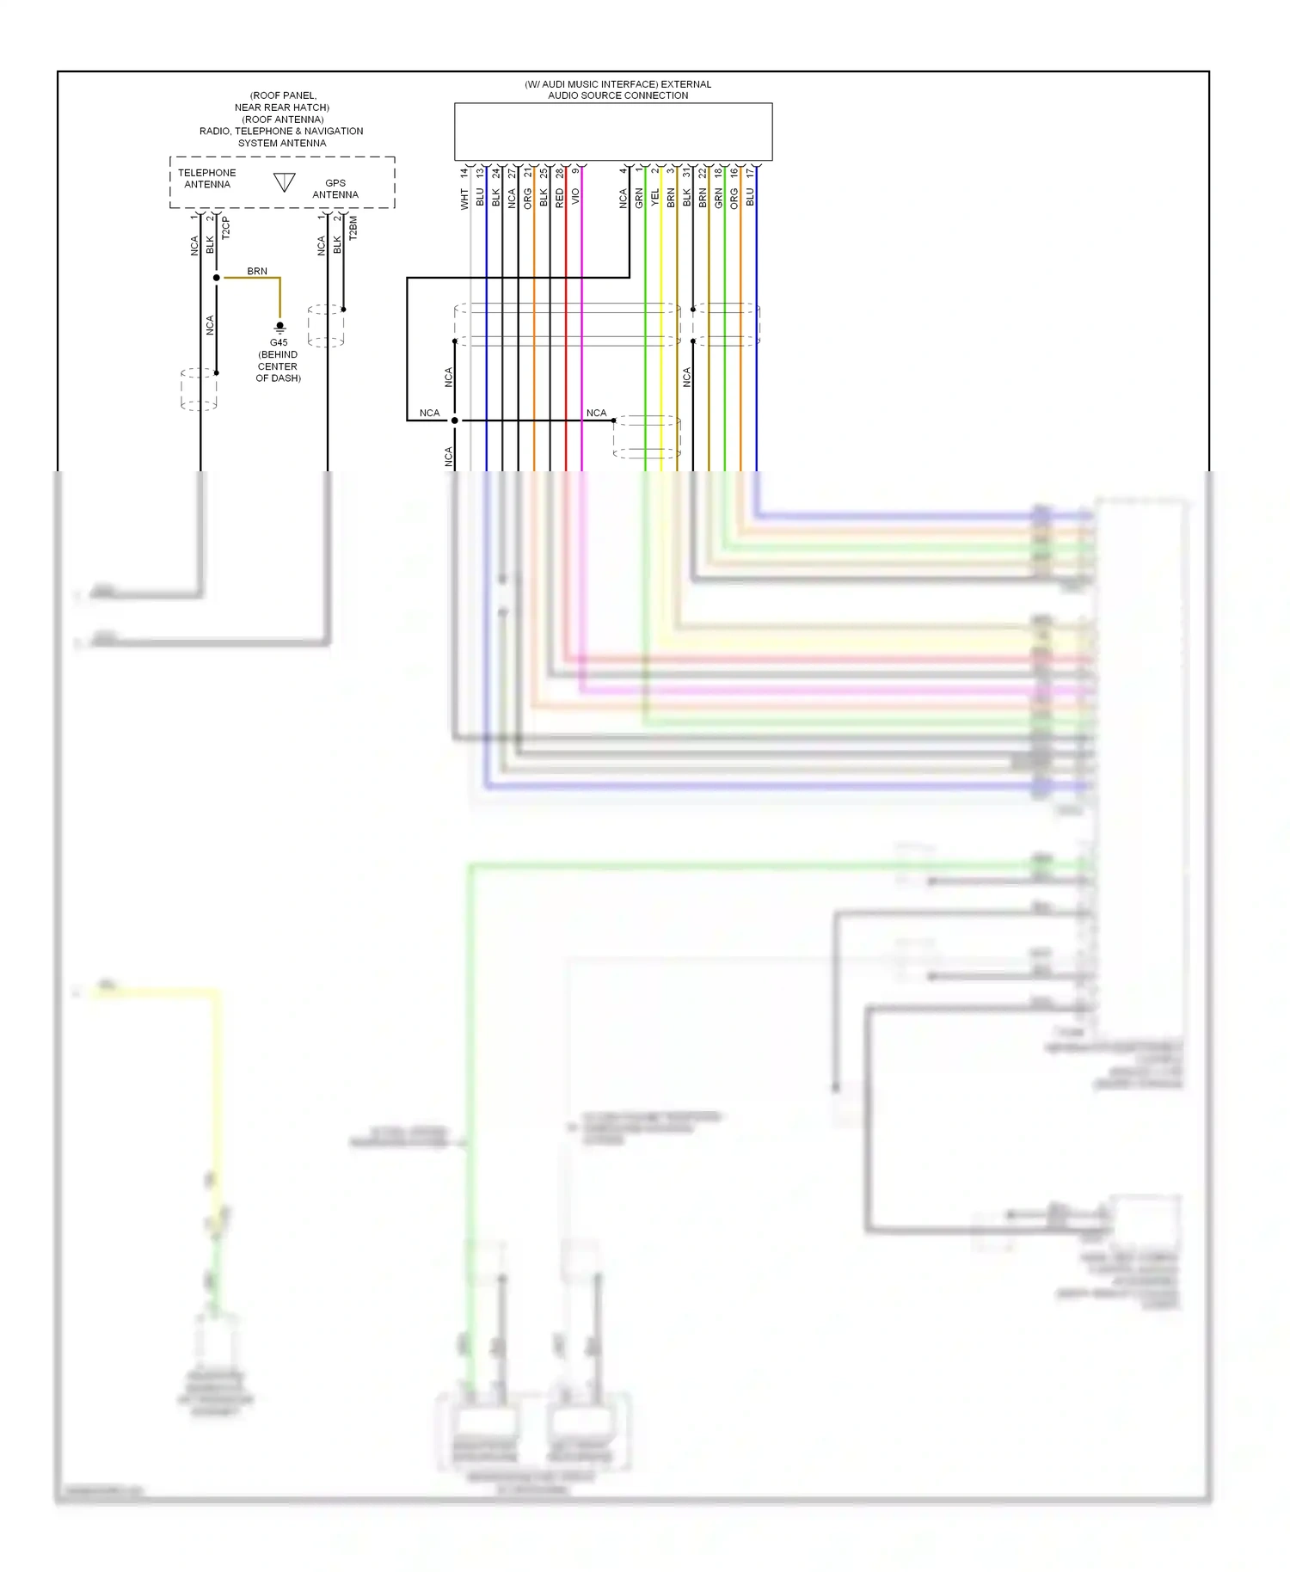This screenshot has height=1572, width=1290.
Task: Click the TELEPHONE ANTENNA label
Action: click(206, 178)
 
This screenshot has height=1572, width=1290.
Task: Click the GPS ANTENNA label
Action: click(335, 189)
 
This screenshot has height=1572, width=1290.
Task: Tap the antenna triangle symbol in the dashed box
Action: click(285, 182)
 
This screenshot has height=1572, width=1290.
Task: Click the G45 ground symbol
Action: click(279, 328)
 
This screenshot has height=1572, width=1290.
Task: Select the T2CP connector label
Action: click(226, 227)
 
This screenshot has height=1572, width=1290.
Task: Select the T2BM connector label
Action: click(353, 228)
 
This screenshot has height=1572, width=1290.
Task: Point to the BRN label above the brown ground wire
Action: click(257, 271)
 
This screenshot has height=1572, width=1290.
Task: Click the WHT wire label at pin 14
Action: click(464, 200)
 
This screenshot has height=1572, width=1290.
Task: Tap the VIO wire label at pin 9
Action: click(575, 196)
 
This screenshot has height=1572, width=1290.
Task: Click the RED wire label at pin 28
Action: click(560, 199)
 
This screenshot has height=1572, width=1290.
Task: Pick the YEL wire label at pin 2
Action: click(655, 198)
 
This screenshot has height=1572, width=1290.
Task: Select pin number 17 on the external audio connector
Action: click(750, 173)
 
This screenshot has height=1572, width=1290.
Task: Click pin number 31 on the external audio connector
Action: click(686, 173)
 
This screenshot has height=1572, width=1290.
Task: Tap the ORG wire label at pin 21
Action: click(528, 199)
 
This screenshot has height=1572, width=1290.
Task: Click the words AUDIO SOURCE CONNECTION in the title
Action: click(617, 95)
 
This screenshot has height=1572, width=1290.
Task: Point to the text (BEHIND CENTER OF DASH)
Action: click(278, 366)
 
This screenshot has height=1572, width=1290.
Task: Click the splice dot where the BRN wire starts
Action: click(217, 278)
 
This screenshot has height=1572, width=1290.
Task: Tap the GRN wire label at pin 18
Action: click(718, 199)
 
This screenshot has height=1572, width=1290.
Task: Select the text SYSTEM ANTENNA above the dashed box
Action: click(281, 143)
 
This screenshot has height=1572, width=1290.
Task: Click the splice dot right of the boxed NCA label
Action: click(455, 421)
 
